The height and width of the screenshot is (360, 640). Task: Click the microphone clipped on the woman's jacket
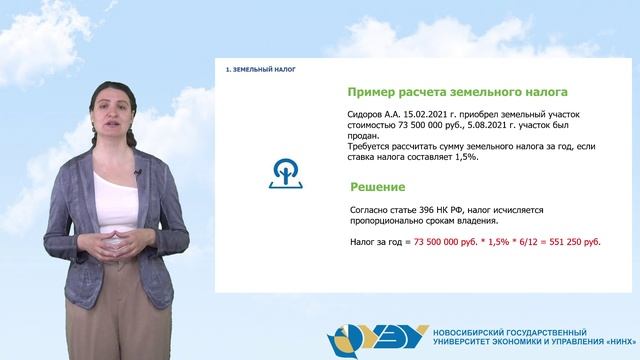(x=138, y=176)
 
